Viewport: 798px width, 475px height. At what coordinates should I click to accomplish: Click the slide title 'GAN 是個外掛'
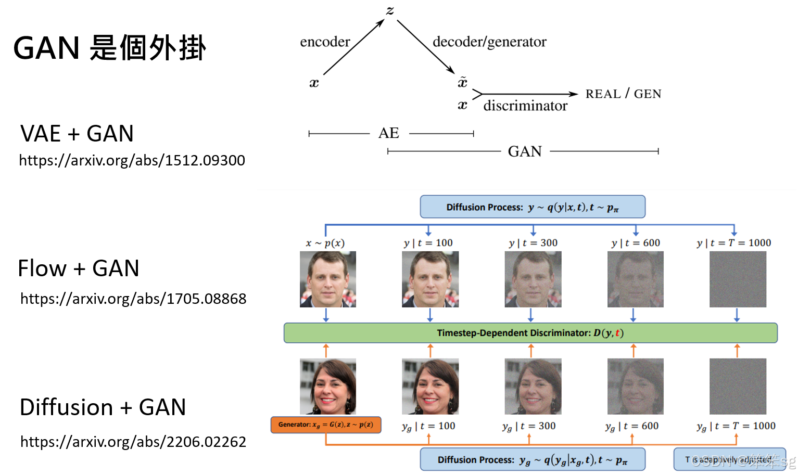[109, 48]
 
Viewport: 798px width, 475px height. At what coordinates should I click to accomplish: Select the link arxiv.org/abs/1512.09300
[132, 160]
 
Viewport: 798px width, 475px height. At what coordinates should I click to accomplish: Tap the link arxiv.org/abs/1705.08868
[133, 299]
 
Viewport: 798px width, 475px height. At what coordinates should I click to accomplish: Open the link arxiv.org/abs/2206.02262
[133, 442]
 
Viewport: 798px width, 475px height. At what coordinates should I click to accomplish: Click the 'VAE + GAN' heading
[77, 134]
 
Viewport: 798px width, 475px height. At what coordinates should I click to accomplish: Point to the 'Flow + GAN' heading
[79, 268]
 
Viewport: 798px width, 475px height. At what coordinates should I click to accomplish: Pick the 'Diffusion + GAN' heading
[103, 407]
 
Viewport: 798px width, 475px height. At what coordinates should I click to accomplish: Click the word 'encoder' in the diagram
[325, 42]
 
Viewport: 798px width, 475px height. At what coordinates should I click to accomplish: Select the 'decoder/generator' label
[489, 42]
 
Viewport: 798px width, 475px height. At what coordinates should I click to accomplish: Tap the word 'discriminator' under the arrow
[525, 106]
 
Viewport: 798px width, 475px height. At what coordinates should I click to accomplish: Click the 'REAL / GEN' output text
[623, 94]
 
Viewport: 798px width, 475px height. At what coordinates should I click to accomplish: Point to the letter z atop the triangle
[390, 10]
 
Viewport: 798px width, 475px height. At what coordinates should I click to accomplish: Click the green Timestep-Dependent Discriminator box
[530, 333]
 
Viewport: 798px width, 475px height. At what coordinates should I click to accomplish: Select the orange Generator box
[326, 425]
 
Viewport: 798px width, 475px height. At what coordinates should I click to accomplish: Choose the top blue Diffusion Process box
[533, 207]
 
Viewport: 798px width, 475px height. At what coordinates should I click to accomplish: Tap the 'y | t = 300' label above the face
[533, 242]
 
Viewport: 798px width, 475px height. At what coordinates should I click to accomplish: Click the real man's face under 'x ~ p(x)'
[328, 279]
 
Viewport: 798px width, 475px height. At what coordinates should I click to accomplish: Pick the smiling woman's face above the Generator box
[328, 386]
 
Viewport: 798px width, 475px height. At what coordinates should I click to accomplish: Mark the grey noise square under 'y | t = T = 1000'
[738, 279]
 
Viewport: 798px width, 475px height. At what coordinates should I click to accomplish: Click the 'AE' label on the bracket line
[388, 133]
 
